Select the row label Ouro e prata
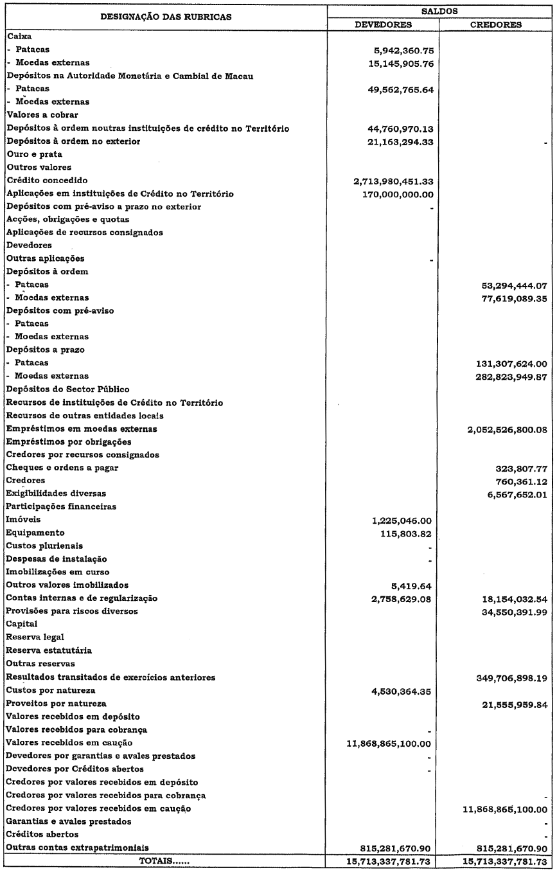pos(30,154)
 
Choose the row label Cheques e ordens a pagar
pos(57,467)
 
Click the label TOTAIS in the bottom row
pos(166,860)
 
